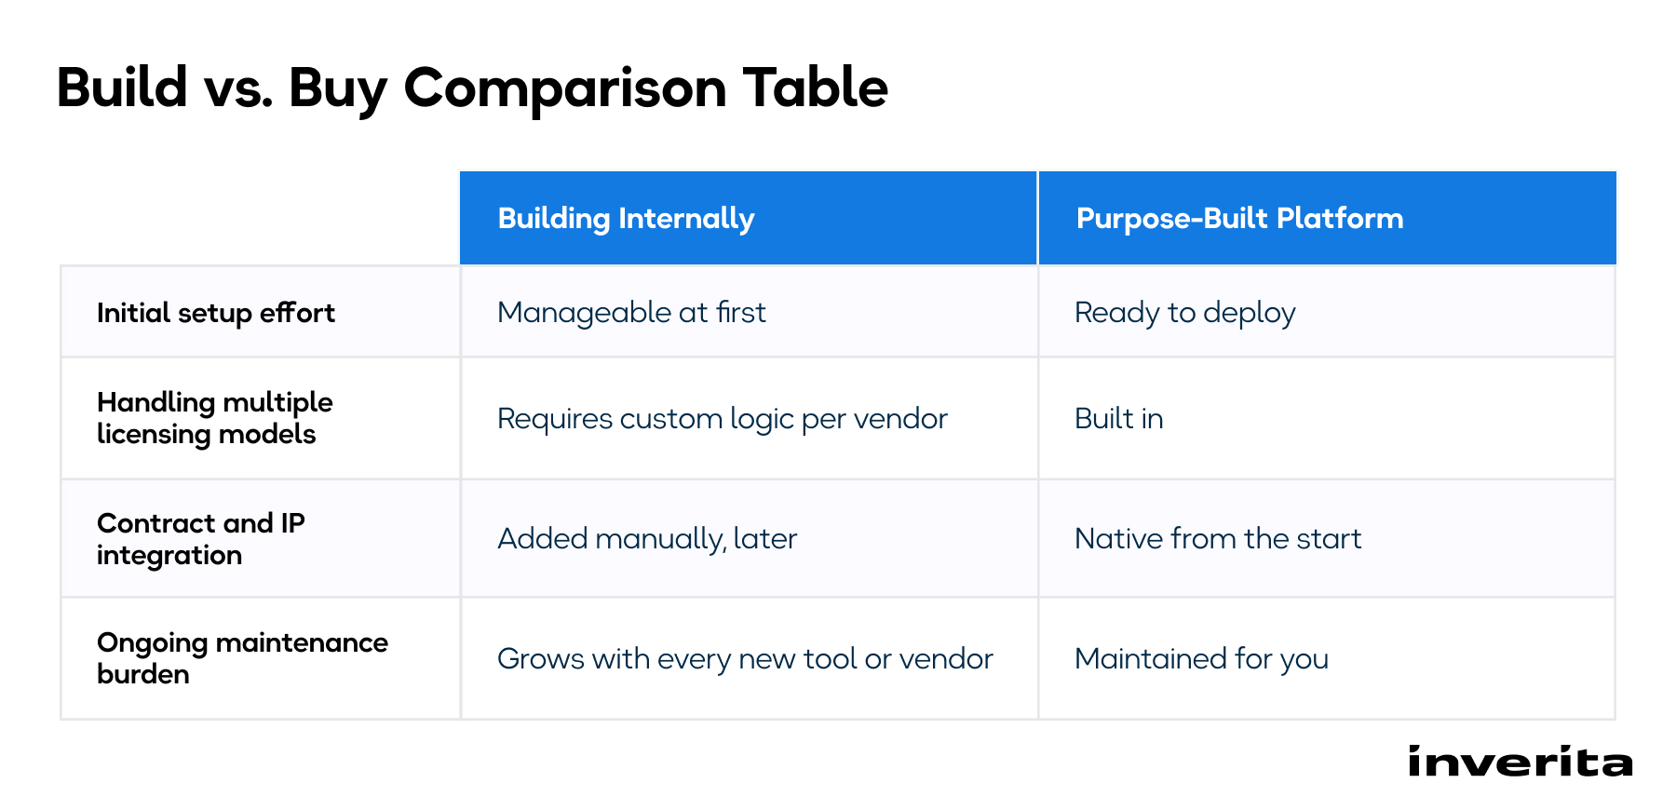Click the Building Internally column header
(626, 219)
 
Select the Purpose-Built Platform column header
(1239, 219)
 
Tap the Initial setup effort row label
(216, 313)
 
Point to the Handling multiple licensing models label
(215, 418)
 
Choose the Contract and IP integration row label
(201, 539)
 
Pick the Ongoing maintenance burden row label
(242, 658)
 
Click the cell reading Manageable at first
(631, 313)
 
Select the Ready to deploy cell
(1184, 313)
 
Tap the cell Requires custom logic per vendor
(722, 419)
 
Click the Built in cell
(1119, 419)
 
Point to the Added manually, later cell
(647, 539)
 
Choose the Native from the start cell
(1218, 539)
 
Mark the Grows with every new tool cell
(745, 659)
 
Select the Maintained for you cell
(1201, 659)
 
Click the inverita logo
(1520, 762)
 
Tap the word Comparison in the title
(565, 89)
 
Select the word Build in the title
(122, 88)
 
